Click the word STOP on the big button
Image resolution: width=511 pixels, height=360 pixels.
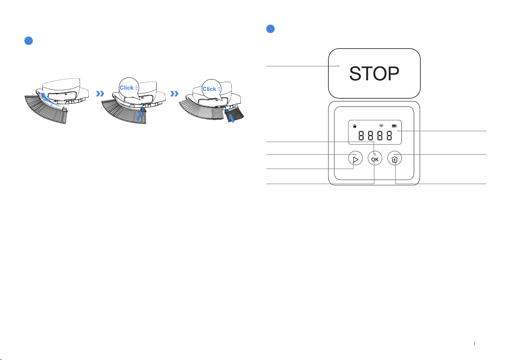374,73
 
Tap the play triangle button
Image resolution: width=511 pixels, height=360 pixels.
355,158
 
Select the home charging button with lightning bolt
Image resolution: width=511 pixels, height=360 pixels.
395,158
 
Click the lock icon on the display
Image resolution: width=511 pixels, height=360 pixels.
355,126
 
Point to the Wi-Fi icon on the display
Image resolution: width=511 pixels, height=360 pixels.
381,126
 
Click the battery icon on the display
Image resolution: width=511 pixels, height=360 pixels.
394,126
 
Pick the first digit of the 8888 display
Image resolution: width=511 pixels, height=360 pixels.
361,135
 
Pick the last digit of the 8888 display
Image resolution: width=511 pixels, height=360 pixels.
389,135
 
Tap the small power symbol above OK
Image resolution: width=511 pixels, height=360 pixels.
375,154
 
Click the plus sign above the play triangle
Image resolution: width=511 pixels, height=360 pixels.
355,155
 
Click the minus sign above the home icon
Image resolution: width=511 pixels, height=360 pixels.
395,154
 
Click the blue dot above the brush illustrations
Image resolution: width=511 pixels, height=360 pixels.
29,41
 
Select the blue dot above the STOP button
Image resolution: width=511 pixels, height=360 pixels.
270,29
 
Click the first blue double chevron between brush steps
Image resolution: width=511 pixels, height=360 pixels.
100,93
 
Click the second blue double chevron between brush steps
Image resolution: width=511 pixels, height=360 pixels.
174,93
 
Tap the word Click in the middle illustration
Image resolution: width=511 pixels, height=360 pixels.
127,88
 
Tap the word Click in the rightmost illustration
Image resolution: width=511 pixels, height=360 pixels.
209,89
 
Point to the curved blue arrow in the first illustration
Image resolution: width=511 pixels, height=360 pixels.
51,100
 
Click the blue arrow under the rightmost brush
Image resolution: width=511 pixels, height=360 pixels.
232,118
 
